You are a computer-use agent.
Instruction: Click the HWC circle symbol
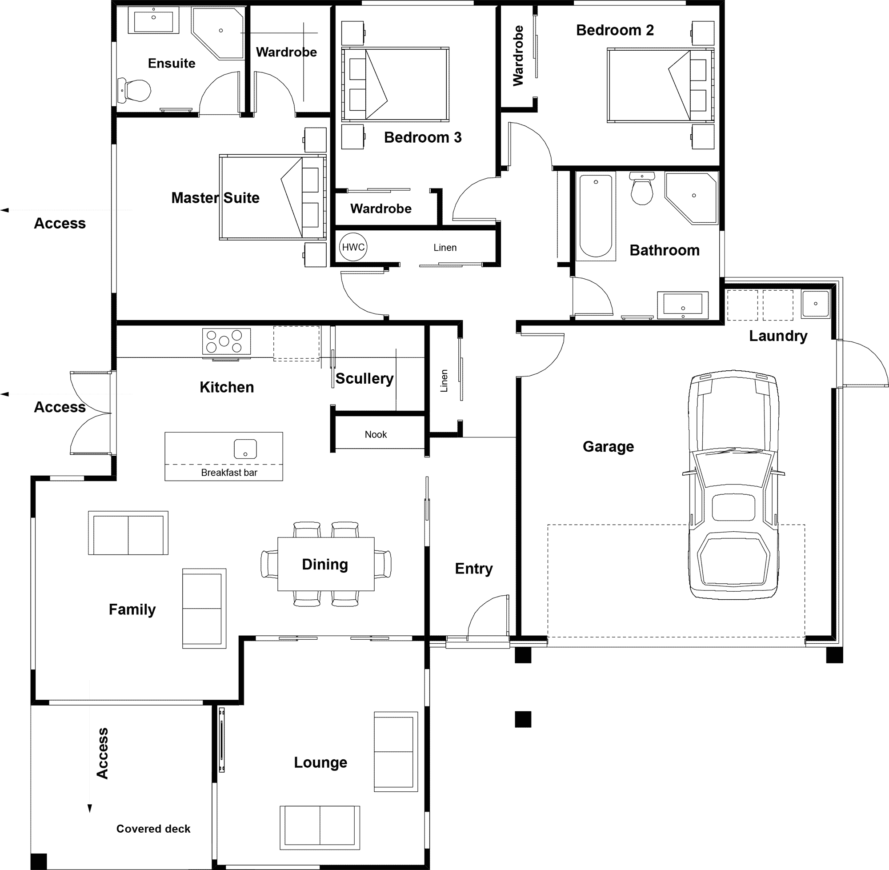353,247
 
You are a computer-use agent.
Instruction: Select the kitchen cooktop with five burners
226,341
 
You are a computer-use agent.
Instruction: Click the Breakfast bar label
229,473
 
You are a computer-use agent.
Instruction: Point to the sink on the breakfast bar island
245,449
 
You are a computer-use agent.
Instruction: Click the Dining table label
325,564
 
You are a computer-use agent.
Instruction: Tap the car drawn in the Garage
733,485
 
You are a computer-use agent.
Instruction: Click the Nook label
376,434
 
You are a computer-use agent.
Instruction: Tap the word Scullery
364,378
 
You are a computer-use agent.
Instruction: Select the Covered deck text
153,828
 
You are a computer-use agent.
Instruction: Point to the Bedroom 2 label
614,30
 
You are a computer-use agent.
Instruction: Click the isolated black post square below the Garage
523,719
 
